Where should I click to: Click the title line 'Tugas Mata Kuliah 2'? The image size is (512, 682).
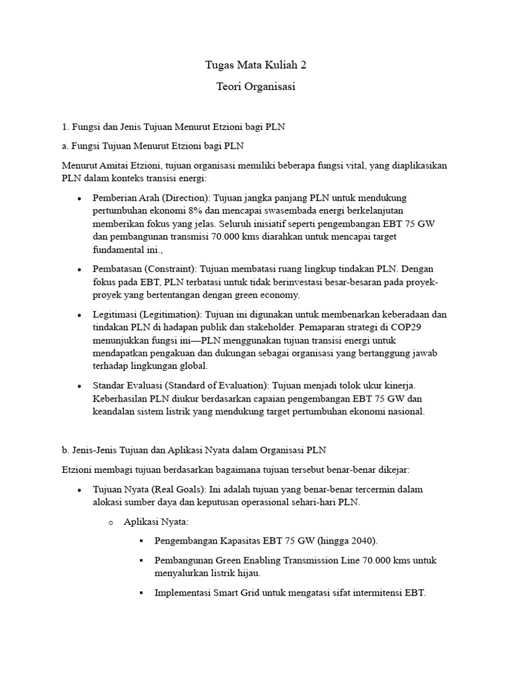click(x=256, y=66)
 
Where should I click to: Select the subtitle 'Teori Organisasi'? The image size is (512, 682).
click(x=256, y=87)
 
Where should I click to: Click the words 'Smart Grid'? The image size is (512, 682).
click(x=239, y=592)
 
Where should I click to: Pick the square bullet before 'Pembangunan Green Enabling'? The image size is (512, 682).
click(x=141, y=561)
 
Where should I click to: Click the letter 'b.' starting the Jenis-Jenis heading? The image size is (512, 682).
click(x=65, y=450)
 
